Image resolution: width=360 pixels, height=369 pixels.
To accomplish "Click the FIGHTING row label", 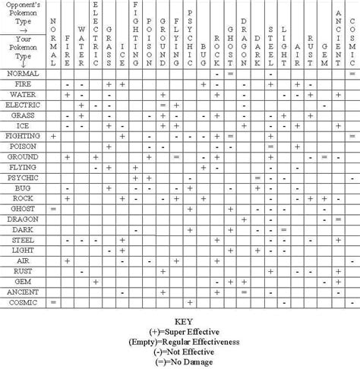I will tap(24, 134).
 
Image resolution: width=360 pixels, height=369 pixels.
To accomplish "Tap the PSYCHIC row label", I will tap(24, 176).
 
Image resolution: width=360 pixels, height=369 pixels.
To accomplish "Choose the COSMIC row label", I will tap(24, 301).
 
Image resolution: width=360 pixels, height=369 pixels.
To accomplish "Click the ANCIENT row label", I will tap(24, 291).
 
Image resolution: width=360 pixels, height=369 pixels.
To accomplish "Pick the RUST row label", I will tap(24, 270).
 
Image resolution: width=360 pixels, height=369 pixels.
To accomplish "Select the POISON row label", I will tap(24, 145).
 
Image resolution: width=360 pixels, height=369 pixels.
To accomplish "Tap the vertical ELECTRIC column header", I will tap(95, 33).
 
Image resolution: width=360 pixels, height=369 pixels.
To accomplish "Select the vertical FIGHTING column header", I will tap(135, 33).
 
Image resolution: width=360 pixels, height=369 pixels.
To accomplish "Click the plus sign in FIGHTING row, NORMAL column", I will tap(53, 134).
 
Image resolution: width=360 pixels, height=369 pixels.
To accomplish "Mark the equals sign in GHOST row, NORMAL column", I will tap(53, 207).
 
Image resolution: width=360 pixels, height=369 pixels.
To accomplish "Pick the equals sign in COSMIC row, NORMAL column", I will tap(53, 301).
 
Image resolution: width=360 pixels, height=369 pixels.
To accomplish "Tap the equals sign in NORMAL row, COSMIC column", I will tap(352, 73).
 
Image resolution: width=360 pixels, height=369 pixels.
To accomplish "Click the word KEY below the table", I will tap(181, 321).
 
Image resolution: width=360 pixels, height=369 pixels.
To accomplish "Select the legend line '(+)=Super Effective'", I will tap(181, 332).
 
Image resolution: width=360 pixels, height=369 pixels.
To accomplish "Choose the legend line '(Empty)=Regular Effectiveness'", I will tap(181, 342).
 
